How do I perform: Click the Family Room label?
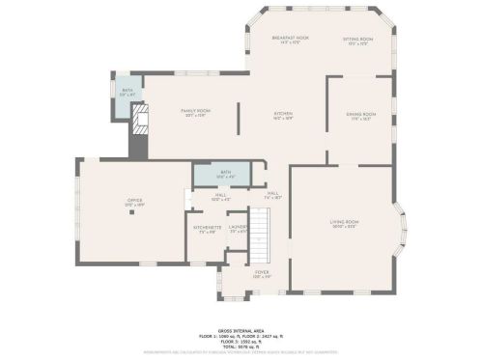pyautogui.click(x=196, y=112)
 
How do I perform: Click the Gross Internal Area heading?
pyautogui.click(x=240, y=328)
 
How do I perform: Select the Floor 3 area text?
pyautogui.click(x=240, y=338)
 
